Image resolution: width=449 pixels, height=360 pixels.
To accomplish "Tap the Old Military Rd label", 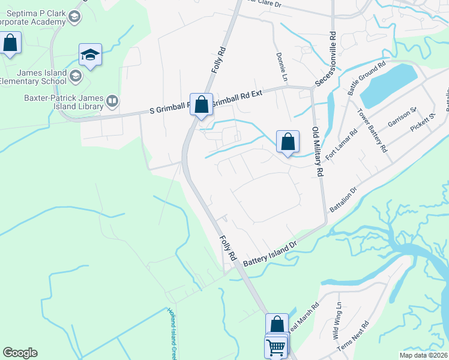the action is click(x=317, y=152).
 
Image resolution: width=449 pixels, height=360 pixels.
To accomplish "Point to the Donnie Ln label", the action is click(x=281, y=66).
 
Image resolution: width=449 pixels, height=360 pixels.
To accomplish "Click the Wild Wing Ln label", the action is click(x=338, y=313).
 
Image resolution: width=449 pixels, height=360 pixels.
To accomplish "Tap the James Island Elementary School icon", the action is click(x=76, y=76).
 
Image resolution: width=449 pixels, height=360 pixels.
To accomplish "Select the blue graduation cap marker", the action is click(x=90, y=56).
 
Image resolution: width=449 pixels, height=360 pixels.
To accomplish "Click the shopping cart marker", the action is click(x=276, y=346).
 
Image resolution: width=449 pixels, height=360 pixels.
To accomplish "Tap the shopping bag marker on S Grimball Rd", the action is click(x=202, y=104).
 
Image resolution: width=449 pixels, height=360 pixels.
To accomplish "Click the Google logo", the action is click(x=20, y=353).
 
